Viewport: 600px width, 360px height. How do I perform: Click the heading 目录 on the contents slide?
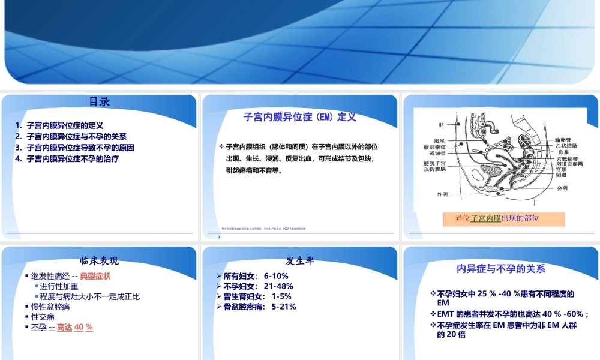point(100,102)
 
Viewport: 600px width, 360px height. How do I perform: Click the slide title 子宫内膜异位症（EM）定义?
point(300,117)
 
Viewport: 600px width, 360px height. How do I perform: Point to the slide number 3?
point(220,238)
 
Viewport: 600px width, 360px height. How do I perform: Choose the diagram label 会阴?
point(562,188)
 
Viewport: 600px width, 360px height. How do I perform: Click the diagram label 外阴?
point(442,194)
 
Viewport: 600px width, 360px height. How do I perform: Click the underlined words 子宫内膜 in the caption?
point(485,218)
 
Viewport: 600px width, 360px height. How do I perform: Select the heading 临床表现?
point(100,261)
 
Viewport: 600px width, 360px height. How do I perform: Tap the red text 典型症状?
point(95,276)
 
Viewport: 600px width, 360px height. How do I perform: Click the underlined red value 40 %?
point(83,327)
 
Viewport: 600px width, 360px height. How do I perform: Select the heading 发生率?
point(300,261)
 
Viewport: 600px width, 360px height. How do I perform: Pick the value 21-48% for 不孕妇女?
point(278,286)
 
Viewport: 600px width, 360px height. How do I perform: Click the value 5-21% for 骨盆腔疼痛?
point(284,307)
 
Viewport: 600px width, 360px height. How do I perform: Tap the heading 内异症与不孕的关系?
point(501,269)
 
